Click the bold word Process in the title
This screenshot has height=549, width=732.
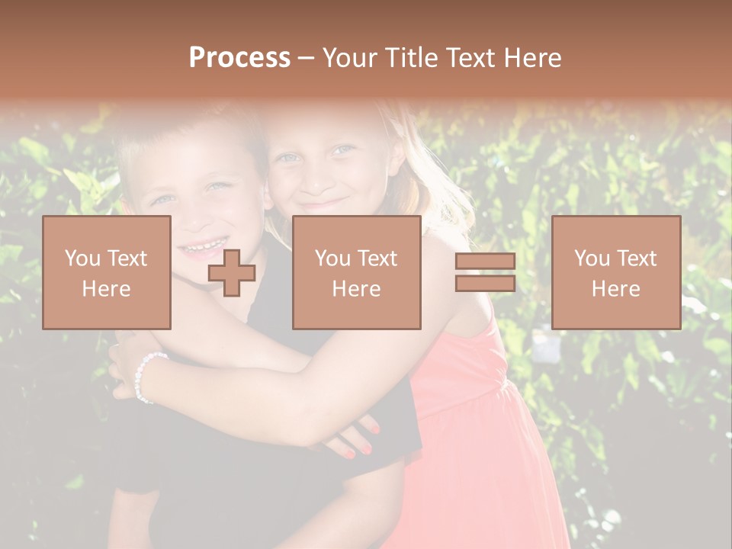click(239, 58)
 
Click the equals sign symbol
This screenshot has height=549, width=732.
click(485, 272)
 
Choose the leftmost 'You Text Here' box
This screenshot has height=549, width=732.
click(106, 272)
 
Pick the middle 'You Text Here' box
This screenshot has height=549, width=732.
click(356, 272)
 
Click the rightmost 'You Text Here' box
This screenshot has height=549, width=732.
click(615, 272)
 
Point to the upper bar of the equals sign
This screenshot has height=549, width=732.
click(485, 262)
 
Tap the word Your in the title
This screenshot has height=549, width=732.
click(348, 58)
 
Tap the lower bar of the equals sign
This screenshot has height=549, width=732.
click(485, 283)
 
